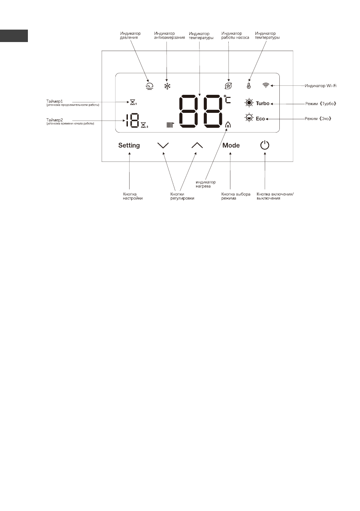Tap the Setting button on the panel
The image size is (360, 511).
tap(129, 145)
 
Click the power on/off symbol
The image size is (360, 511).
tap(265, 145)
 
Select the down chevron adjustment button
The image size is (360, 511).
tap(163, 145)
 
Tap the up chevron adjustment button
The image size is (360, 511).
tap(197, 145)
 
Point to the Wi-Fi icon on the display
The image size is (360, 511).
tap(266, 86)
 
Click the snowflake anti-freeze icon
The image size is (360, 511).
tap(167, 86)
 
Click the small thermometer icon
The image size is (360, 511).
tap(248, 86)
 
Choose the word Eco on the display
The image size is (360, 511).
tap(260, 119)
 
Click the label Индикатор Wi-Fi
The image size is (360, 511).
tap(321, 86)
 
